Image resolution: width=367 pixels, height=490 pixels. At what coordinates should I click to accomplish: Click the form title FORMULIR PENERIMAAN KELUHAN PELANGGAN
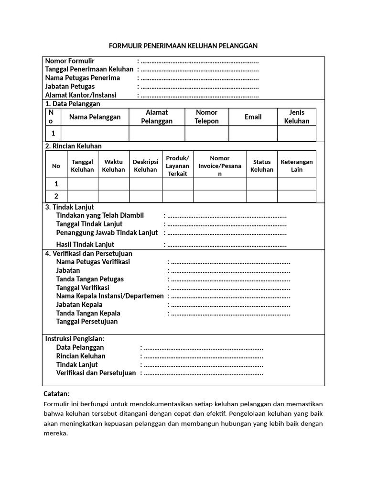(x=183, y=46)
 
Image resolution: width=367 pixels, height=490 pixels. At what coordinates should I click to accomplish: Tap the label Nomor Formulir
(x=70, y=61)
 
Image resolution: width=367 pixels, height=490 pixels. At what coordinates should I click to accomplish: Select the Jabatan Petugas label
(x=70, y=87)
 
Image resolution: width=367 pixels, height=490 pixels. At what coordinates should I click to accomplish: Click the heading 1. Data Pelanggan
(x=73, y=104)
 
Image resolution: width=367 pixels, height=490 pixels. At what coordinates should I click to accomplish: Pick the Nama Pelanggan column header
(x=95, y=117)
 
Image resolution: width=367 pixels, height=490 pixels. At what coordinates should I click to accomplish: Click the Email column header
(x=253, y=117)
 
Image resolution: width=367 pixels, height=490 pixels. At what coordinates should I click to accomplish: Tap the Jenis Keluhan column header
(x=297, y=117)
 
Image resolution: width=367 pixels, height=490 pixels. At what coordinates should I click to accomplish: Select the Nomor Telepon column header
(x=206, y=117)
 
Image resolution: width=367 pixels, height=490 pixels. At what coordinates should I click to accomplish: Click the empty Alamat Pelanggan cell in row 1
(x=157, y=134)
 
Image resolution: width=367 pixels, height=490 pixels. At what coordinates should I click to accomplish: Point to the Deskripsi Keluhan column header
(x=145, y=166)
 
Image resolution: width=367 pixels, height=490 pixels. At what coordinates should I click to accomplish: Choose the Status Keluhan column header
(x=262, y=166)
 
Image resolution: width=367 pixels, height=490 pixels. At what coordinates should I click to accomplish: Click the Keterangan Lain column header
(x=297, y=166)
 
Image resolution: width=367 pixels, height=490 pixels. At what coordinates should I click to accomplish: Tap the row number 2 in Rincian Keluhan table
(x=56, y=196)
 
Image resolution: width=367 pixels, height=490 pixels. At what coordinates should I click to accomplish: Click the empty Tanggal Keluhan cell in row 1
(x=82, y=184)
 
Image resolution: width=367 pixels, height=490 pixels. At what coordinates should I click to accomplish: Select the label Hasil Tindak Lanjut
(x=88, y=245)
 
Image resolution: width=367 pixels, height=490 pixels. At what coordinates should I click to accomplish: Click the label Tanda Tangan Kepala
(x=88, y=313)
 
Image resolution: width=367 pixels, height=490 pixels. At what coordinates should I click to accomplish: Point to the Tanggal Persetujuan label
(x=87, y=322)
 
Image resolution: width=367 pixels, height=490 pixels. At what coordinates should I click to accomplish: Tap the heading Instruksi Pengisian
(x=75, y=339)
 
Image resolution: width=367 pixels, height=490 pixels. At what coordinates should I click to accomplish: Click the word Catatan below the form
(x=56, y=394)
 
